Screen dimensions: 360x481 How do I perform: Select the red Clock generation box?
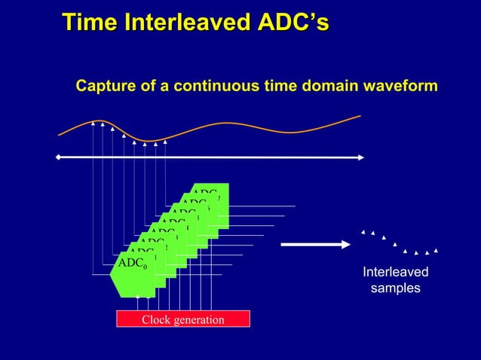click(182, 319)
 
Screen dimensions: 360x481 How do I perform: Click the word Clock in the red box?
click(157, 320)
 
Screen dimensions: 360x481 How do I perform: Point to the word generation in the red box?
click(199, 320)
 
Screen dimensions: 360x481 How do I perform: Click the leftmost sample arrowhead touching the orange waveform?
click(93, 122)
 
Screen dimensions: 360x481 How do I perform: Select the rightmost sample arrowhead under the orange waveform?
click(164, 141)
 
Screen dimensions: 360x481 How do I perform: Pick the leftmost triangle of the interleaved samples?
click(363, 233)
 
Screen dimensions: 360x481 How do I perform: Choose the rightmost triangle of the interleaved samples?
click(436, 250)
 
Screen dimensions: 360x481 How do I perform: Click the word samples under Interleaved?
click(395, 288)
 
